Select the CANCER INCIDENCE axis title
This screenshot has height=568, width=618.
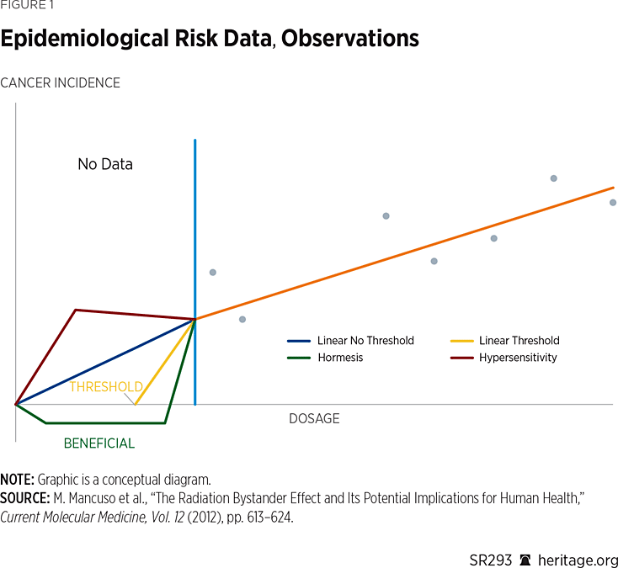click(60, 82)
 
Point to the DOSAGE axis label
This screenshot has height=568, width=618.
click(314, 418)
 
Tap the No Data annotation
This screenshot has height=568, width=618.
click(105, 164)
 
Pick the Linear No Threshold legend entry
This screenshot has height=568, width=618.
click(365, 341)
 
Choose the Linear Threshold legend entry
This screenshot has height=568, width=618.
click(519, 341)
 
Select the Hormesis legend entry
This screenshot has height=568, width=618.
click(341, 358)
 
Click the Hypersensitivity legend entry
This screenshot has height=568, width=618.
click(518, 358)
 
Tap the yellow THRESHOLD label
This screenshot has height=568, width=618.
click(106, 387)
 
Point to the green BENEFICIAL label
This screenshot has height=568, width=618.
click(99, 443)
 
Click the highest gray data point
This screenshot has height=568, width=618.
click(554, 178)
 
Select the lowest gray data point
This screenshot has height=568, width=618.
click(242, 319)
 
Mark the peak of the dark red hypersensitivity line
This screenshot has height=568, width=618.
click(76, 310)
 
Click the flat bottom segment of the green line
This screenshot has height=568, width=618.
click(105, 422)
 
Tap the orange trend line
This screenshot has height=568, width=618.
click(404, 253)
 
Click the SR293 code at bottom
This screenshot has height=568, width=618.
click(489, 560)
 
